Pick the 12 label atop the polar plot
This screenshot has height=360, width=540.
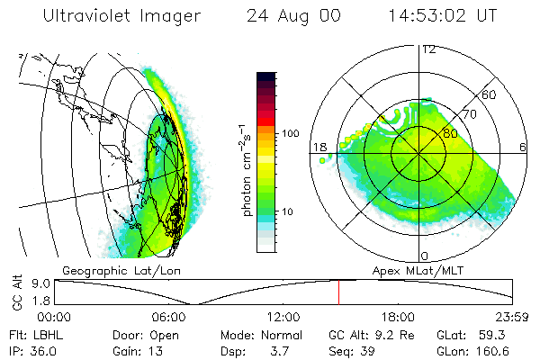pos(428,49)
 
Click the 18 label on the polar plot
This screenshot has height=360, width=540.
pos(318,147)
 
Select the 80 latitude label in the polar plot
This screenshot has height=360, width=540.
pos(438,133)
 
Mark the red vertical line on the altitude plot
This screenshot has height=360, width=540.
pos(338,292)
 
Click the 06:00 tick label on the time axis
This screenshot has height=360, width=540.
pos(168,317)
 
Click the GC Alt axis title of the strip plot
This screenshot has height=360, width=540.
pos(16,293)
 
